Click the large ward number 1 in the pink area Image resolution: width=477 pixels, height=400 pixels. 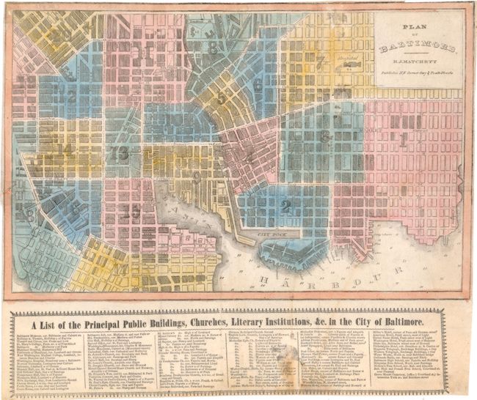(x=403, y=141)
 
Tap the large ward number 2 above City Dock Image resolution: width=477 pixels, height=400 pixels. (x=285, y=206)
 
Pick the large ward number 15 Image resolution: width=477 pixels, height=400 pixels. (x=132, y=212)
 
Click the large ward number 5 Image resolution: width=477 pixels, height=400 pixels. (x=222, y=97)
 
